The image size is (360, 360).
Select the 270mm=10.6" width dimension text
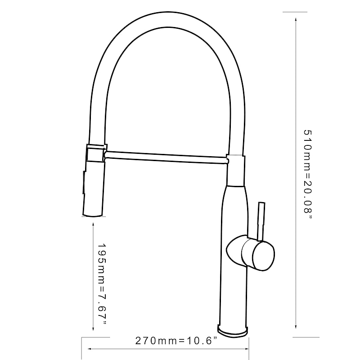[x=176, y=341]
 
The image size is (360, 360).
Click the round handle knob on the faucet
[x=262, y=254]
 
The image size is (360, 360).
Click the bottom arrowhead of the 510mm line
[x=296, y=328]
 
